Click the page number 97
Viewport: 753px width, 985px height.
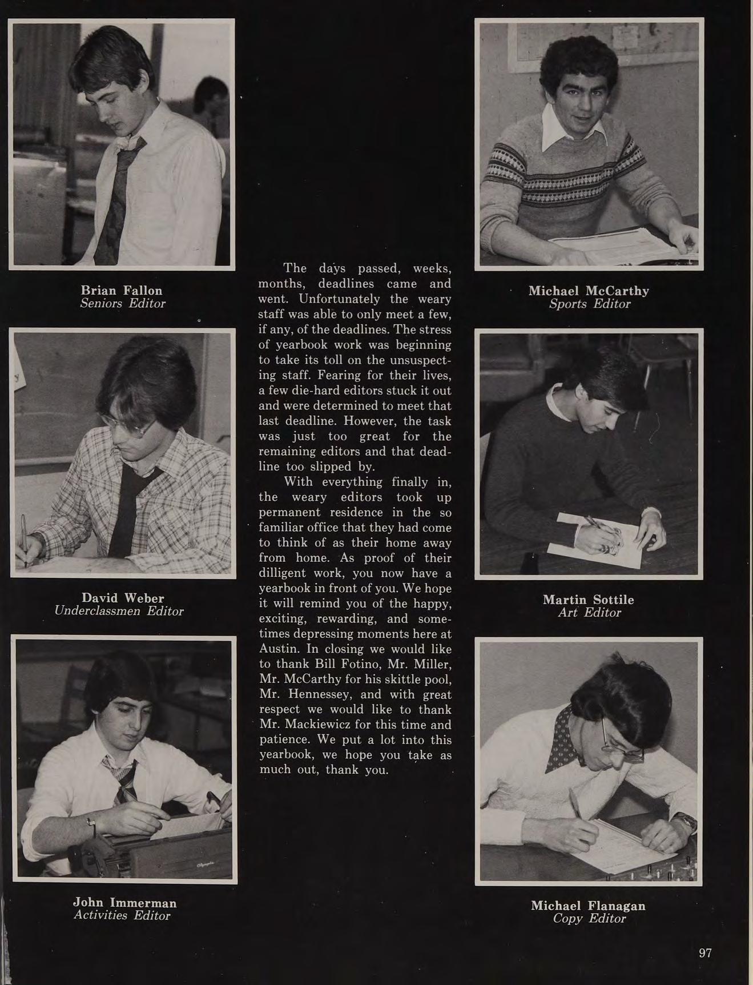[705, 952]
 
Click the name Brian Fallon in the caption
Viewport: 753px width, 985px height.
[122, 290]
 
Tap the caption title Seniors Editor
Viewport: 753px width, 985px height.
[123, 303]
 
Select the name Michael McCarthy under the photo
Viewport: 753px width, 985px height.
[589, 291]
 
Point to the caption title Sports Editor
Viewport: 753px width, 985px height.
[589, 304]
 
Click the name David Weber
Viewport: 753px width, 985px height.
[123, 598]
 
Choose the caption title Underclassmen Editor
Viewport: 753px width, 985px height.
[119, 611]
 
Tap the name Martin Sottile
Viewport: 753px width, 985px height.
[588, 600]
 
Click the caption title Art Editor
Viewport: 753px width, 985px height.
[589, 613]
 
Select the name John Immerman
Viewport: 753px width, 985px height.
[124, 903]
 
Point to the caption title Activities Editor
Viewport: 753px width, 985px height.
[122, 915]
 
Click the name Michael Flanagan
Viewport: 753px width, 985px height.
[588, 906]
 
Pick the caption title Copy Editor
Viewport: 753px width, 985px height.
[589, 918]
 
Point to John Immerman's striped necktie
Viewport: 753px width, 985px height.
[123, 779]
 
